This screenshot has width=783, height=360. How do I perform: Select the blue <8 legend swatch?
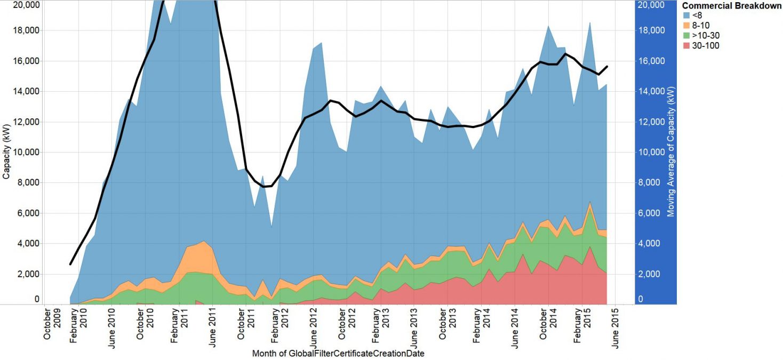(686, 15)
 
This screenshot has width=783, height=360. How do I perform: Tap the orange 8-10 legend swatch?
(686, 26)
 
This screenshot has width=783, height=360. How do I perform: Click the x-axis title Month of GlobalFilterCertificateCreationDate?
(338, 353)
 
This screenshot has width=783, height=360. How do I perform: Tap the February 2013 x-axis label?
(380, 325)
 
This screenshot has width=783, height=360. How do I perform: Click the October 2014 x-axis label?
(548, 325)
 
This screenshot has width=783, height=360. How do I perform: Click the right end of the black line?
(607, 67)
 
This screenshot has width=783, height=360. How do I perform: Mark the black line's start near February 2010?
(70, 264)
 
